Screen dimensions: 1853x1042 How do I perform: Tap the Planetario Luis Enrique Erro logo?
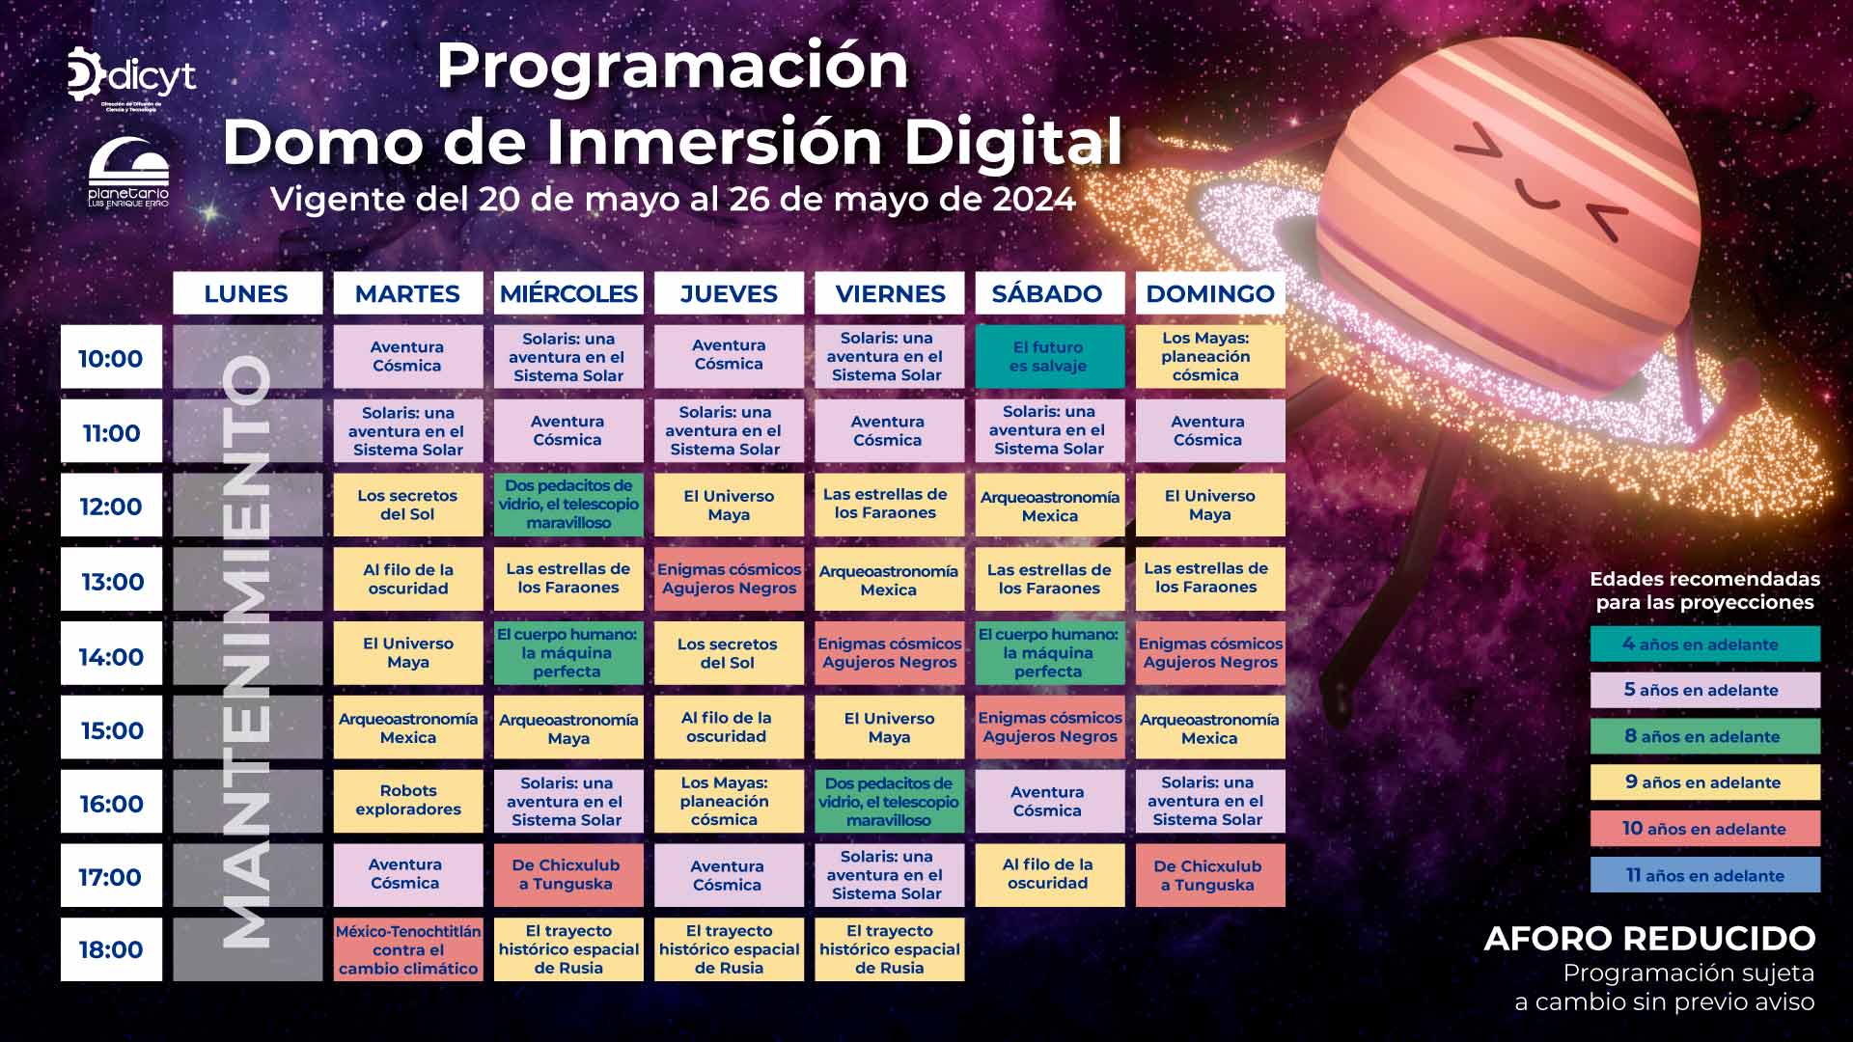click(128, 174)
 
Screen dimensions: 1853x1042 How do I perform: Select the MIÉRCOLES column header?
click(568, 293)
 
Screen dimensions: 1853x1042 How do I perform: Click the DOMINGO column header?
click(1210, 293)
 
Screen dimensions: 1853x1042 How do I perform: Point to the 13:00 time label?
click(112, 582)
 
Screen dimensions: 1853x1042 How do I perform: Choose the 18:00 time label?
click(112, 949)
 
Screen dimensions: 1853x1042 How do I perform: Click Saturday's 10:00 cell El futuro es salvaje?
click(1049, 356)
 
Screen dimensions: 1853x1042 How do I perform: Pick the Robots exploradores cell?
click(408, 801)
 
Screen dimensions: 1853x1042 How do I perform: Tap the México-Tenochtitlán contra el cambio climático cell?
click(408, 949)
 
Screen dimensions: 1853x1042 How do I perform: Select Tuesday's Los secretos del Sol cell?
click(408, 505)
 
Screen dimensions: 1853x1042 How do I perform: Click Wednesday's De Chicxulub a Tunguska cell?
click(568, 875)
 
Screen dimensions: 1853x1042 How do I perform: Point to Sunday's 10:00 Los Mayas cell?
click(1210, 356)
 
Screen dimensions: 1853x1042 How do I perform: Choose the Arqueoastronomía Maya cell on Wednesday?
click(568, 728)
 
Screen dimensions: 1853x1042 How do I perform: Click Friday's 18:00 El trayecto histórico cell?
click(889, 949)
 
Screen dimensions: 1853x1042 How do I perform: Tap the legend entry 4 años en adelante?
click(1705, 644)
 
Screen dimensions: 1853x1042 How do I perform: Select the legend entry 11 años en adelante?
click(1705, 875)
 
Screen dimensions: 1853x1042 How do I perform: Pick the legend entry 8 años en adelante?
click(1705, 736)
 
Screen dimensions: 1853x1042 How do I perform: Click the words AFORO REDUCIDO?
click(1649, 938)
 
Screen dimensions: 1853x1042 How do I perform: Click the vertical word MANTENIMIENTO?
click(246, 651)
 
